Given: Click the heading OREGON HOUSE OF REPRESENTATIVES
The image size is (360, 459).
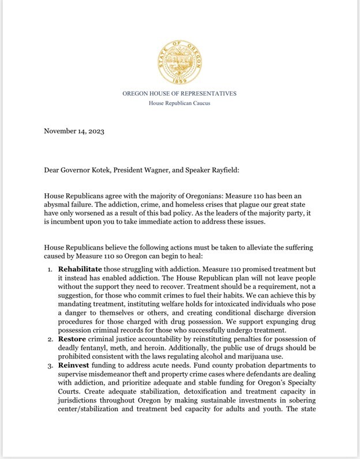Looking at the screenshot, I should pos(179,93).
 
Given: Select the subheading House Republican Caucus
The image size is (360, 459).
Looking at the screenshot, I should pos(179,103).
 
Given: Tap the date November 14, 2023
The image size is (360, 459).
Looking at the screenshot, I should pos(74,131).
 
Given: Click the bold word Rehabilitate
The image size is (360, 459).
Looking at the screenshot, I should pos(80,270).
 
